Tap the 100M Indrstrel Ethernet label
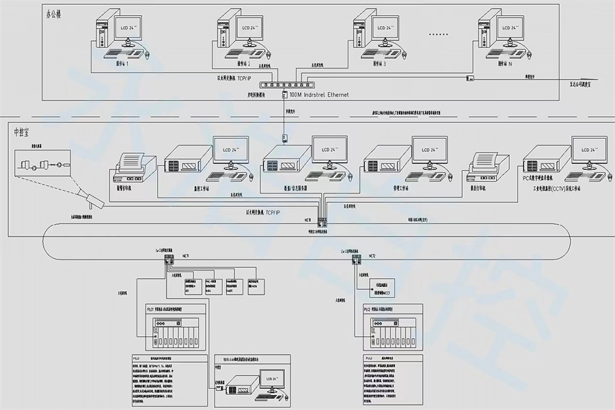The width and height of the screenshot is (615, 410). pos(319,94)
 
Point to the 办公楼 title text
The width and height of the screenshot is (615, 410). pos(53,13)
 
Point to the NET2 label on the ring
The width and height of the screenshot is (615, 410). pos(372,255)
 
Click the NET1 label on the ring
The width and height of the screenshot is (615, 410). pos(185,254)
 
